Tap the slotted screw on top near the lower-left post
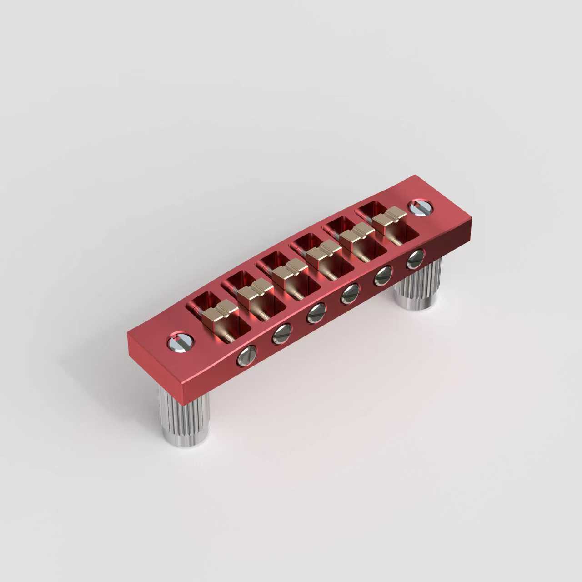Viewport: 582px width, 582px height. [181, 342]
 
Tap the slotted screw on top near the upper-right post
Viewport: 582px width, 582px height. [421, 207]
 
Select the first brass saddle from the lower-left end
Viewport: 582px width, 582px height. [220, 311]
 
